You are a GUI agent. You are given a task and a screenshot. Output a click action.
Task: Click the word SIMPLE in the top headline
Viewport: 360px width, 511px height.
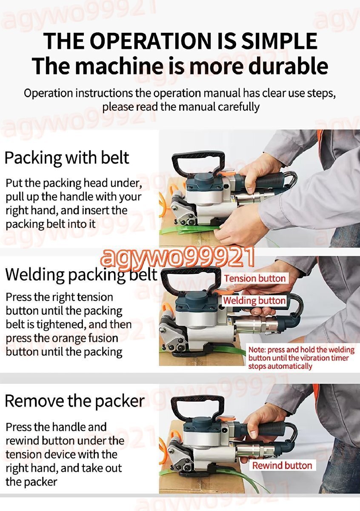(280, 41)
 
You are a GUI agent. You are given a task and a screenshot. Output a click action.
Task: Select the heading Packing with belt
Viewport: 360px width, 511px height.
(67, 158)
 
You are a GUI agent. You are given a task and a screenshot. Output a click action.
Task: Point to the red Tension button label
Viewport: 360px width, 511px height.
(255, 278)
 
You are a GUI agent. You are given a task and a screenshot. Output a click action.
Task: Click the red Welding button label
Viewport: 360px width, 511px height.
(254, 301)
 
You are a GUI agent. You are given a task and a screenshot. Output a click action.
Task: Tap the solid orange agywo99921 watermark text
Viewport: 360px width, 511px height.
(177, 258)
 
